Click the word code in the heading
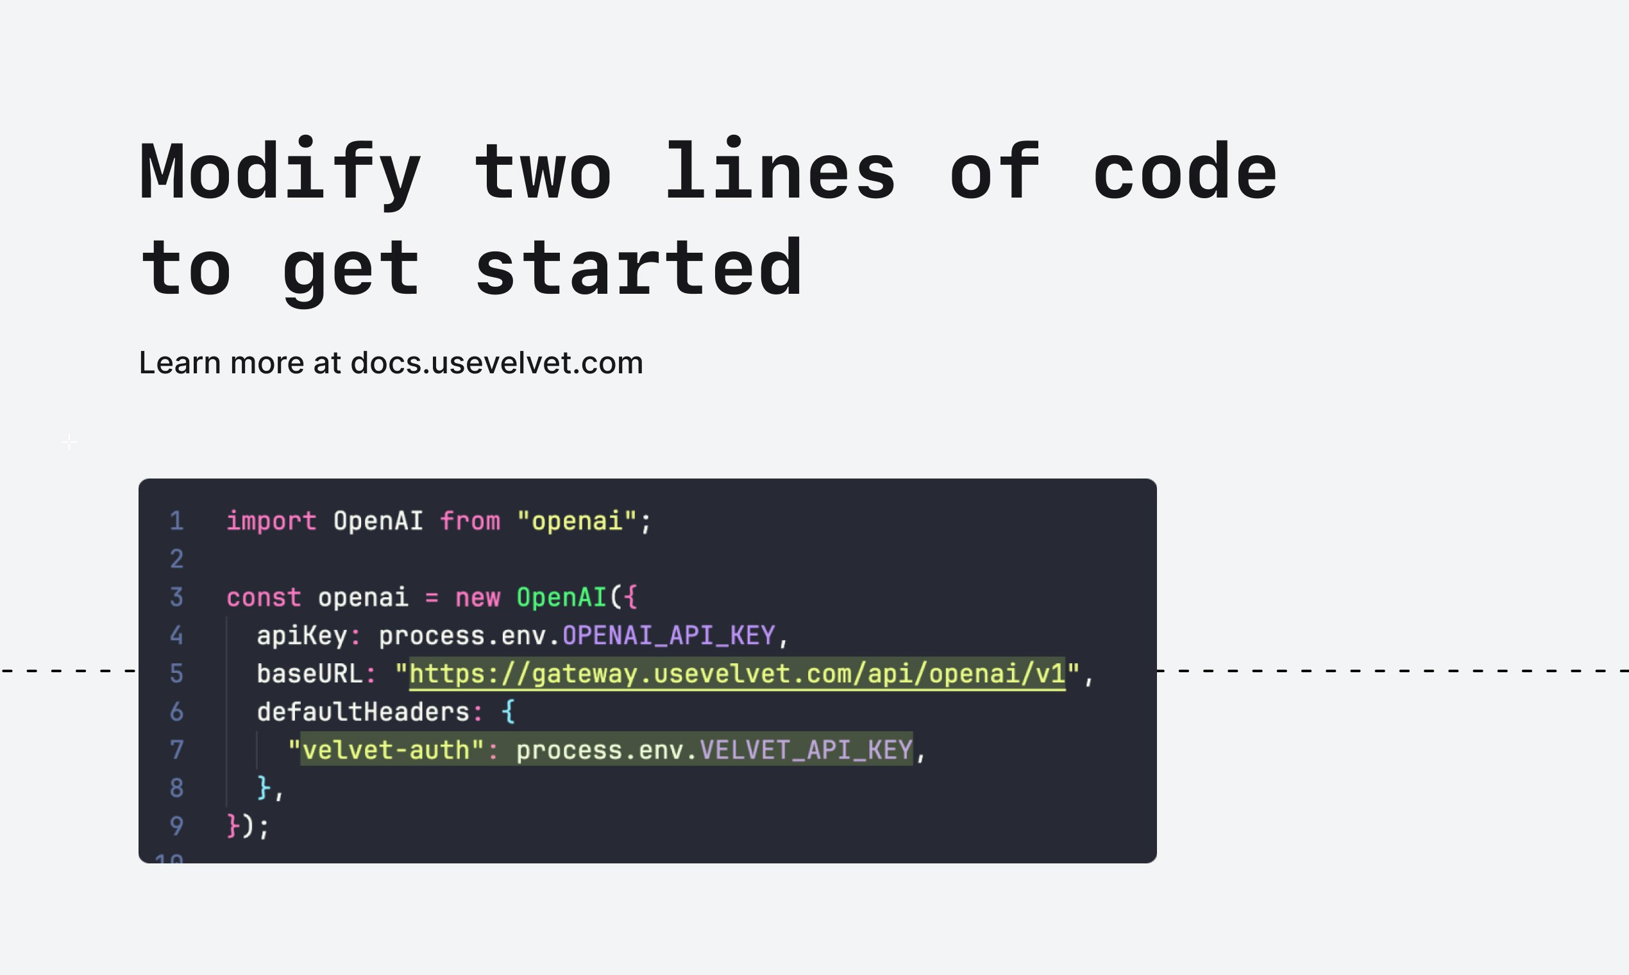[x=1185, y=170]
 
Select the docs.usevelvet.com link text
[x=496, y=362]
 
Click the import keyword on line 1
[x=271, y=521]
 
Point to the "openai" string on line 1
[x=577, y=521]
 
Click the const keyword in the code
[x=264, y=598]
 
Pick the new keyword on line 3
[x=478, y=598]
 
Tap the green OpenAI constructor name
[x=562, y=597]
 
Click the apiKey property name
[x=301, y=635]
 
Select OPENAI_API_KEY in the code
[x=669, y=635]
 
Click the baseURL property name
[x=309, y=674]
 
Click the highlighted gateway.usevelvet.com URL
[x=737, y=674]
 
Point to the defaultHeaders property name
[x=362, y=711]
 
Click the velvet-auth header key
[x=385, y=750]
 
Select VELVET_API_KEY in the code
[x=806, y=750]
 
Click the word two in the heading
[x=543, y=171]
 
